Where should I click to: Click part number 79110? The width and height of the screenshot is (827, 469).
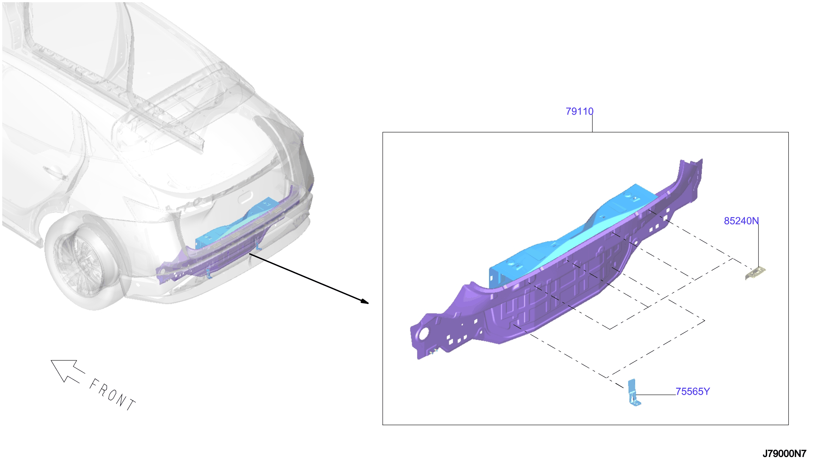579,112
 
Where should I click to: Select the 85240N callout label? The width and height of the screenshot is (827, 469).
741,221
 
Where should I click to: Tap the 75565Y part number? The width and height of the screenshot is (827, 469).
692,392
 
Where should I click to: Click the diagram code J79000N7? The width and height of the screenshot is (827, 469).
784,454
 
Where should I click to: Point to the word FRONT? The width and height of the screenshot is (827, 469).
112,395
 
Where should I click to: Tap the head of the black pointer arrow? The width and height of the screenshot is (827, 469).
365,301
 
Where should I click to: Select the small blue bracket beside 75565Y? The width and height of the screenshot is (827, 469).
633,393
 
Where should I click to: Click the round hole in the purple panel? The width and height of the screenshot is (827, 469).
423,333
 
